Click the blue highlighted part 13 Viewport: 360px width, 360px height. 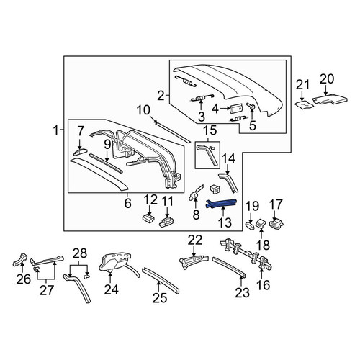(x=222, y=204)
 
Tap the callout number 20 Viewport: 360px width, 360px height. (x=327, y=79)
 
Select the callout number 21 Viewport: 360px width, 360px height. (x=302, y=85)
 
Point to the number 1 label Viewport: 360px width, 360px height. (x=55, y=131)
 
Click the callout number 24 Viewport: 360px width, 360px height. (x=112, y=289)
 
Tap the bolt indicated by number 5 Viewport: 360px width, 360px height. (x=251, y=107)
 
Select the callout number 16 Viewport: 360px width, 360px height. (x=263, y=285)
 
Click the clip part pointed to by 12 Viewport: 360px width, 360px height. (x=149, y=218)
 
